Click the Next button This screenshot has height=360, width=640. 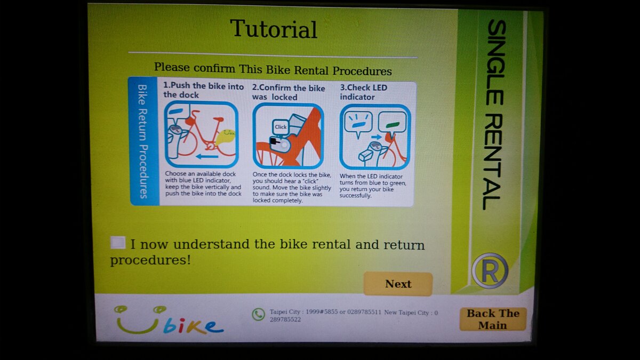[398, 284]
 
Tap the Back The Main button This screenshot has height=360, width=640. [493, 319]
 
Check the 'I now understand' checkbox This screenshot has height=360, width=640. [118, 243]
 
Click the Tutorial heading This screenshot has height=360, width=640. [274, 29]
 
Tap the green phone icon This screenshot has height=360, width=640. [259, 314]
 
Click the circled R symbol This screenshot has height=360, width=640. [490, 271]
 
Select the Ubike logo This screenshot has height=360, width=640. [169, 320]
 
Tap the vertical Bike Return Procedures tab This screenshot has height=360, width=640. [143, 141]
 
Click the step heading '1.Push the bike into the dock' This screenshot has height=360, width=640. [203, 90]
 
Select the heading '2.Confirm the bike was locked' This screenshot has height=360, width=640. [288, 92]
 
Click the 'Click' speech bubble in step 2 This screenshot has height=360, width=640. [281, 127]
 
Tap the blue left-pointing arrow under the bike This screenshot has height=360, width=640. [207, 157]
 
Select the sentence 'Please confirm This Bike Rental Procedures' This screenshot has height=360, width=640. [273, 70]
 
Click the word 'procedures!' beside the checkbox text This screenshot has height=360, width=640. [150, 260]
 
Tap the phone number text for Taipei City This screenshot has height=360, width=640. [325, 313]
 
